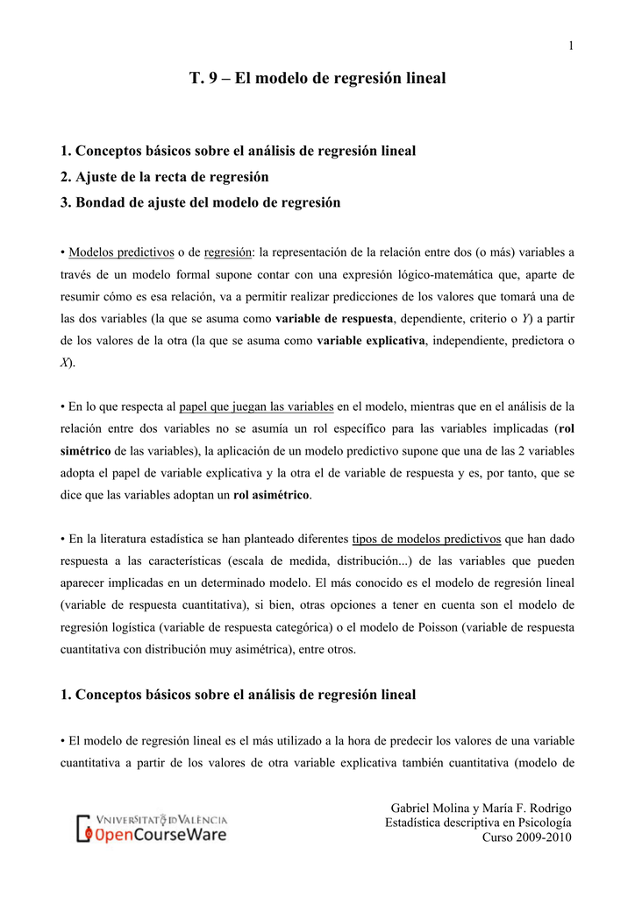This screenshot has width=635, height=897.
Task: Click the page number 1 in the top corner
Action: (x=571, y=46)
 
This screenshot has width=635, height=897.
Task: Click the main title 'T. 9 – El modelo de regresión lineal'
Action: (x=317, y=78)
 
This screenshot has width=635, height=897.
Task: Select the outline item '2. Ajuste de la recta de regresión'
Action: (x=164, y=176)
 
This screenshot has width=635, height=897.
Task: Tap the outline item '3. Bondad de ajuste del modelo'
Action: (x=200, y=202)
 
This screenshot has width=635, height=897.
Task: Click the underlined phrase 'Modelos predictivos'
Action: (x=121, y=252)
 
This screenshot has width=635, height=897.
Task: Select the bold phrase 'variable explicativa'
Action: (x=370, y=340)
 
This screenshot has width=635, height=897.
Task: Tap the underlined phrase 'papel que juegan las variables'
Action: (x=256, y=406)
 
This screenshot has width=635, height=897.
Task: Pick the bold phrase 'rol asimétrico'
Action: (x=272, y=495)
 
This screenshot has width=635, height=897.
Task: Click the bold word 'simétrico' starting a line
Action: (x=86, y=451)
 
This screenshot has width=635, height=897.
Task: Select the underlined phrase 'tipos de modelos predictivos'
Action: (x=426, y=539)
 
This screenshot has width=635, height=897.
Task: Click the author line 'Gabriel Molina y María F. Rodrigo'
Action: (x=481, y=808)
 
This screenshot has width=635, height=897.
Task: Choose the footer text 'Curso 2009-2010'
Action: (x=527, y=837)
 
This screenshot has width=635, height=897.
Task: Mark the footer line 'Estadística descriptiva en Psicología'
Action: (x=478, y=823)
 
